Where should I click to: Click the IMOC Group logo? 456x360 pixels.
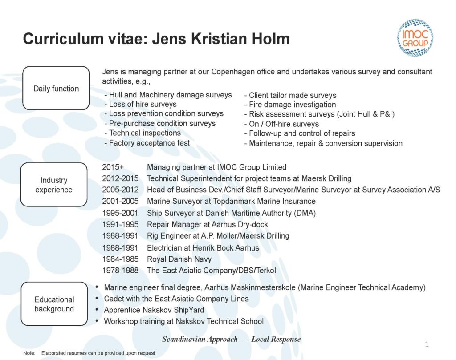click(415, 38)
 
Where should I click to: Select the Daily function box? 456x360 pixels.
click(56, 89)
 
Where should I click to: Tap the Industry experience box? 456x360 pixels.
click(54, 185)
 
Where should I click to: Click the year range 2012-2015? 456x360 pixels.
click(120, 178)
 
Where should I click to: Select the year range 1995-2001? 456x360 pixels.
click(120, 213)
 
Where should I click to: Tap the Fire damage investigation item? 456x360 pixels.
click(292, 105)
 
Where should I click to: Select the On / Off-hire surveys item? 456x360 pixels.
click(284, 124)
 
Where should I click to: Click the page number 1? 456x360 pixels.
click(427, 344)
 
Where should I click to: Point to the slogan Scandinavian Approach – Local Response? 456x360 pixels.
click(231, 340)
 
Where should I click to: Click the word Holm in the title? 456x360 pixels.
click(270, 39)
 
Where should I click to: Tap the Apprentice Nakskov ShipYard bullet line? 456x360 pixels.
click(154, 310)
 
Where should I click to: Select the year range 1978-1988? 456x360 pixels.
click(120, 271)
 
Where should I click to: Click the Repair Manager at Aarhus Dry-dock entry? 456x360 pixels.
click(208, 224)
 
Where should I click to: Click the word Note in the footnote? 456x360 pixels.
click(29, 353)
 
